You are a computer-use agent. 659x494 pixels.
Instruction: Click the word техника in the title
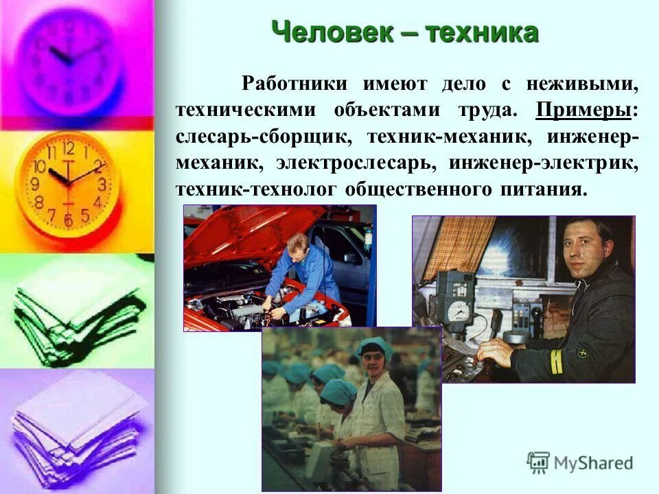tap(481, 32)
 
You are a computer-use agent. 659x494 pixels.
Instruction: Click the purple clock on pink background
tap(69, 58)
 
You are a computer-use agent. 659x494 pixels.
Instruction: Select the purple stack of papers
tap(76, 429)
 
